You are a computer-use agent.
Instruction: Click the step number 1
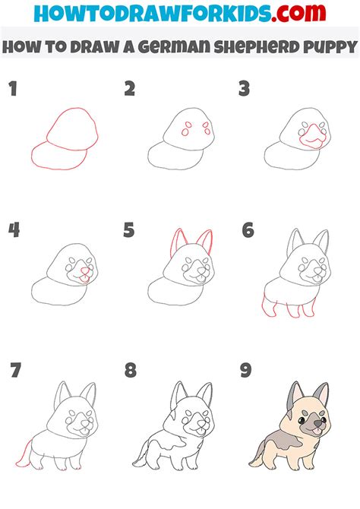click(x=13, y=89)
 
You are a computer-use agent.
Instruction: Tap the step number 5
click(x=129, y=230)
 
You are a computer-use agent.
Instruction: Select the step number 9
click(x=246, y=371)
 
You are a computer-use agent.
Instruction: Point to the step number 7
click(x=16, y=371)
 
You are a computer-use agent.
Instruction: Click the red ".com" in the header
click(x=298, y=13)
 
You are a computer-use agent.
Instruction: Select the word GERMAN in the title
click(x=175, y=47)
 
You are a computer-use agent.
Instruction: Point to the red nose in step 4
click(x=85, y=270)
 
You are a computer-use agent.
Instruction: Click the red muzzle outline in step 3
click(x=313, y=136)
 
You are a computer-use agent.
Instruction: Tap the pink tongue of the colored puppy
click(x=314, y=430)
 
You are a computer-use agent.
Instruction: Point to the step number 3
click(x=244, y=89)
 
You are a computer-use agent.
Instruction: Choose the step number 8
click(x=130, y=371)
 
